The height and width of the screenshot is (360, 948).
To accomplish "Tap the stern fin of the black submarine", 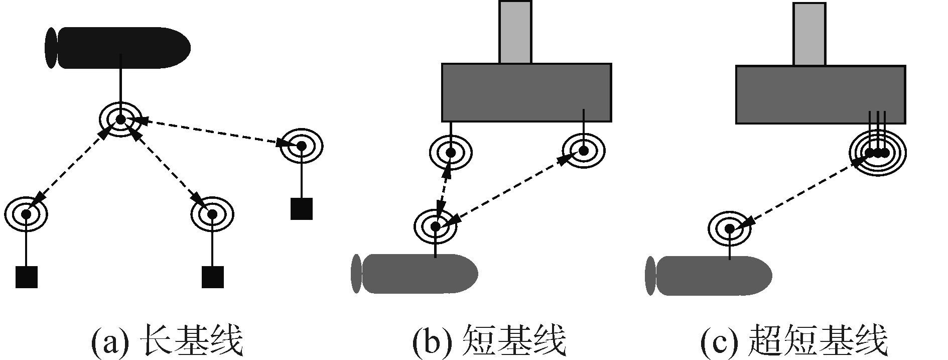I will (x=51, y=48).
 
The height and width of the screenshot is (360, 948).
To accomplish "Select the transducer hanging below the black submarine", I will (x=120, y=119).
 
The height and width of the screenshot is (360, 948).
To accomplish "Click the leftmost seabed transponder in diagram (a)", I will (x=26, y=214).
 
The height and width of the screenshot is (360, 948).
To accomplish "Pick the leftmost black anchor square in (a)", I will (x=27, y=277).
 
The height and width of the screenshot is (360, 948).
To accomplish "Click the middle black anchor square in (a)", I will (x=212, y=277).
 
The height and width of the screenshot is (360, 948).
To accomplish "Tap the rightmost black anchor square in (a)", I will (x=301, y=209).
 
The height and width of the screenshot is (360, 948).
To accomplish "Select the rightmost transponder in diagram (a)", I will (x=301, y=146).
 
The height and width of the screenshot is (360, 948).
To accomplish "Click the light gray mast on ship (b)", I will (x=515, y=32).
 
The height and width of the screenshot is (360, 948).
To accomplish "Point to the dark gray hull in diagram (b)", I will (x=526, y=92).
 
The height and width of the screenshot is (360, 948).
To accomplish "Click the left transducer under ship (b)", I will (x=451, y=152).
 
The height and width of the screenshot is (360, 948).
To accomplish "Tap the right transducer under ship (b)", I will (x=584, y=150).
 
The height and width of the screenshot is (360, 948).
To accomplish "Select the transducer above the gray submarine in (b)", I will (x=436, y=226).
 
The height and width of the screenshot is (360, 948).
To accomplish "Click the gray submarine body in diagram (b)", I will (x=419, y=274).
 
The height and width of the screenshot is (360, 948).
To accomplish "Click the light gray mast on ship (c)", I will (x=809, y=34).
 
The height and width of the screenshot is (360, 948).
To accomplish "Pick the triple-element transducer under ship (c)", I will (x=877, y=152).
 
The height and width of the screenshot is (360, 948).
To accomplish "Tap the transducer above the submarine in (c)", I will (x=730, y=229).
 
